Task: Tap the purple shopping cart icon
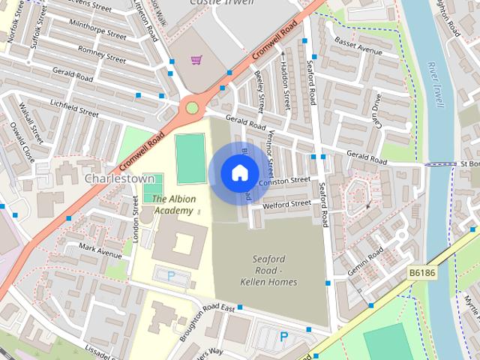coord(196,59)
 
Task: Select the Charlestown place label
coord(119,178)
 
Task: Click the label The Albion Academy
coord(173,205)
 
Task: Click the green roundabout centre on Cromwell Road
coord(192,108)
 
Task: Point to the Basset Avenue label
coord(358,46)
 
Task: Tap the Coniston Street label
coord(284,181)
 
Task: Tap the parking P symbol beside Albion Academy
coord(171,276)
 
